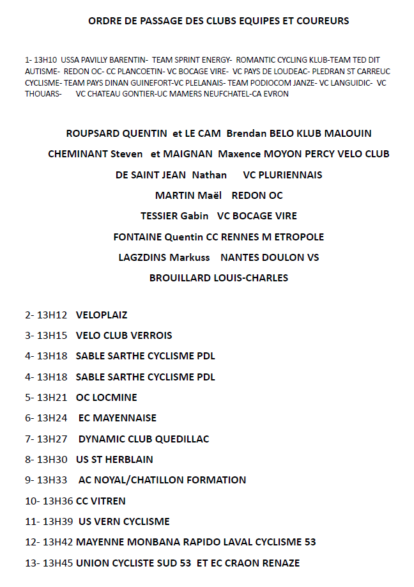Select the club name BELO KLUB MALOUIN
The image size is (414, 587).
[321, 134]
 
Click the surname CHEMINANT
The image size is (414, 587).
[78, 154]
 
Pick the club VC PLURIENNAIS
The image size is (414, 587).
[282, 175]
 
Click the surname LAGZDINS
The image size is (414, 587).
[142, 257]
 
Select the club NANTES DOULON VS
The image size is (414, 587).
[270, 257]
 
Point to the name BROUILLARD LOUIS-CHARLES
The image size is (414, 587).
[218, 278]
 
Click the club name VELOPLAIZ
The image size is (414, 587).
[102, 315]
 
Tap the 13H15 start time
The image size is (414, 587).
[52, 335]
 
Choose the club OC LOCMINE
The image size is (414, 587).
[106, 397]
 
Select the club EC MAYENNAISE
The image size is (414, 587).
[118, 418]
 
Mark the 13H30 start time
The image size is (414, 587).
[52, 459]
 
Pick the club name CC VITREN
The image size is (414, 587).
[101, 501]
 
